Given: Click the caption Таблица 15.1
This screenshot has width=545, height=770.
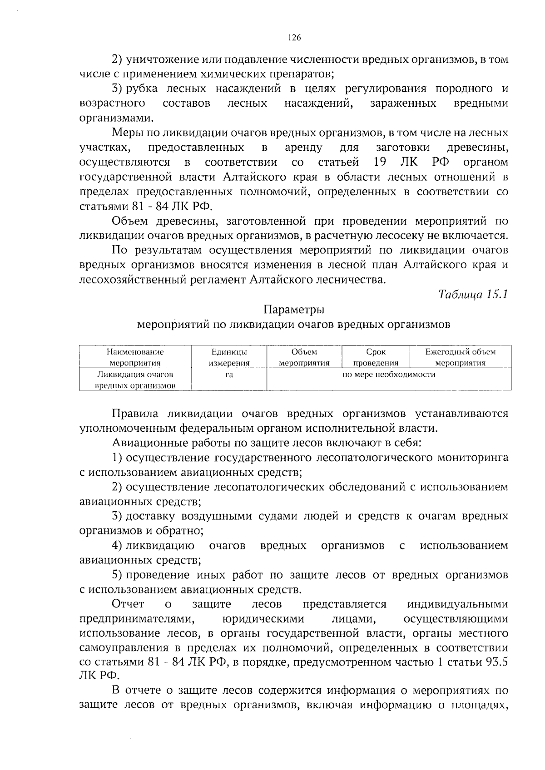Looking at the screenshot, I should pyautogui.click(x=472, y=294).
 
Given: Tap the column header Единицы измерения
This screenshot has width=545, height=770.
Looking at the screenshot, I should pyautogui.click(x=229, y=357).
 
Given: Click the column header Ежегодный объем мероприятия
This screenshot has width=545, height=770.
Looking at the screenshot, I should pyautogui.click(x=460, y=357).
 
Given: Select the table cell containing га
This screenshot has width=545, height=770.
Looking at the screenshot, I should pyautogui.click(x=229, y=375).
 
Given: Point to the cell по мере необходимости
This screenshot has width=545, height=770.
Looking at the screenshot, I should pyautogui.click(x=389, y=375).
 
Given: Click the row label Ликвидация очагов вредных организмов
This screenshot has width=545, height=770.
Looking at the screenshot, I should pyautogui.click(x=135, y=380).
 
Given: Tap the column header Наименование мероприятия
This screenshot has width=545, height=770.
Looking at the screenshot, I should pyautogui.click(x=135, y=357).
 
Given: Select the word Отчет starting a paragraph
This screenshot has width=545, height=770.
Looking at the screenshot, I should pyautogui.click(x=128, y=604).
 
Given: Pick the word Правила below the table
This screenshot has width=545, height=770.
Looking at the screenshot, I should pyautogui.click(x=135, y=414).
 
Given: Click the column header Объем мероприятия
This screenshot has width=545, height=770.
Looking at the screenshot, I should pyautogui.click(x=304, y=357).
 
